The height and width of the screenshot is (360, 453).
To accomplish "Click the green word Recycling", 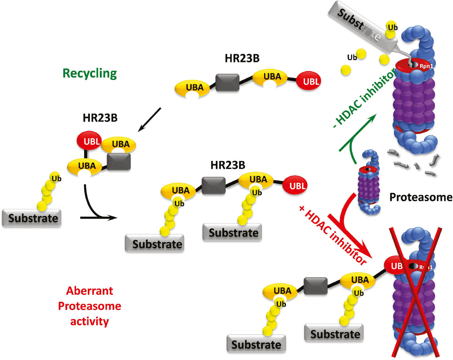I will point(90,73).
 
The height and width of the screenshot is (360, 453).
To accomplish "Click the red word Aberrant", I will point(90,291).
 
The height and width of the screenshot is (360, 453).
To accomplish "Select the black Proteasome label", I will point(421,197).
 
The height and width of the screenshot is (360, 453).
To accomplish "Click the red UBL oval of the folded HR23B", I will point(89,141).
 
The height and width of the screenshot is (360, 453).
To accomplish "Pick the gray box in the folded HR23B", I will point(119,161).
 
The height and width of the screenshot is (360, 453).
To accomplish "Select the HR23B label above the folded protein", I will point(100,118).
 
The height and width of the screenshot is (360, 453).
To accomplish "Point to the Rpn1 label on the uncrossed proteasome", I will point(426,66).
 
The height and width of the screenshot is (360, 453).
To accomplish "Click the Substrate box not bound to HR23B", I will point(31,218).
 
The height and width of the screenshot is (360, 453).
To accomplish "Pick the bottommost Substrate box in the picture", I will point(256,344).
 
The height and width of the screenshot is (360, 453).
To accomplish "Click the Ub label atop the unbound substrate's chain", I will point(57,179).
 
